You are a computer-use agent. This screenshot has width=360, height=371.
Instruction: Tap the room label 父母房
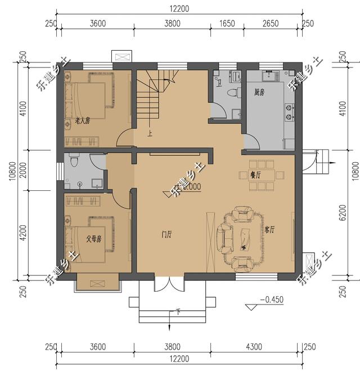(93, 239)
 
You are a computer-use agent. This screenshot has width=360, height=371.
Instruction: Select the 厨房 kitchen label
(259, 92)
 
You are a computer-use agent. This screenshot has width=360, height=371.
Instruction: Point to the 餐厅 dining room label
(256, 175)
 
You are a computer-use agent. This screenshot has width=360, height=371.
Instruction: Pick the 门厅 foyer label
(166, 235)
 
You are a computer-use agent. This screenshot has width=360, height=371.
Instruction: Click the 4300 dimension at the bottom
(255, 347)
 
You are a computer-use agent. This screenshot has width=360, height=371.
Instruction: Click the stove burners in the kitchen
(289, 111)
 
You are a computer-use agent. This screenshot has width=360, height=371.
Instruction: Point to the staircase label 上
(150, 134)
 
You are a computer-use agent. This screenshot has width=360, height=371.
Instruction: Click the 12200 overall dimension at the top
(181, 8)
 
